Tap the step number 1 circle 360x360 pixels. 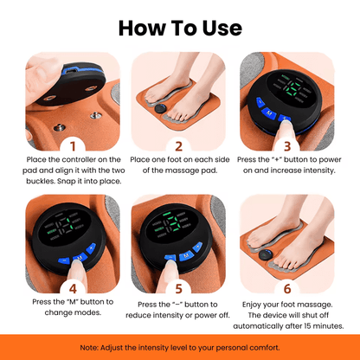click(72, 145)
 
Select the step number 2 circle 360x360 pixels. click(179, 145)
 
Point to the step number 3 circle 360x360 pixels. click(286, 145)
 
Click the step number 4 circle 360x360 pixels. click(72, 288)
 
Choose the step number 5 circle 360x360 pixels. click(179, 288)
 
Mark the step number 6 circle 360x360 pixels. click(286, 288)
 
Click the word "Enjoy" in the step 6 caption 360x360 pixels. click(249, 303)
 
